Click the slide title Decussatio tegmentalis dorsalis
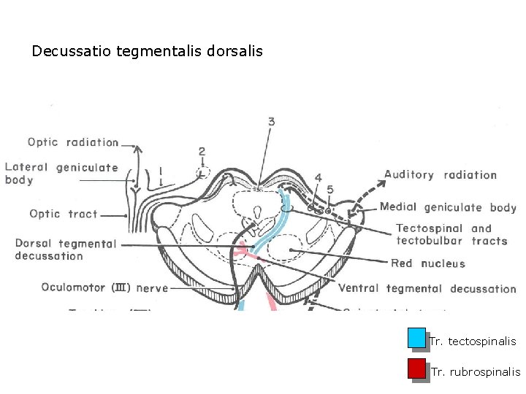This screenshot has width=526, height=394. coord(147,52)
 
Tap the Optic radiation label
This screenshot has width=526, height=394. coord(73,142)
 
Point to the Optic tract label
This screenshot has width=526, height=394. coord(64,214)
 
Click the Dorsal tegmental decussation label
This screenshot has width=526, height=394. coord(65,250)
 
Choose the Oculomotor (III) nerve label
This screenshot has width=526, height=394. coord(104,287)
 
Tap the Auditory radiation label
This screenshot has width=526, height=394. coord(441,174)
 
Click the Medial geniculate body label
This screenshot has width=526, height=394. coord(448,207)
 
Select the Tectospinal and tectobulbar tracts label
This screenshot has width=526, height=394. coord(451,234)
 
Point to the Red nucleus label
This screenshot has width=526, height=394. coord(427,263)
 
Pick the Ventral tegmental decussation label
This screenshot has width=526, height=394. coord(427,288)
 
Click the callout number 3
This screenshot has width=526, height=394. coord(271,122)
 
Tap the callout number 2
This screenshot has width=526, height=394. coord(202,152)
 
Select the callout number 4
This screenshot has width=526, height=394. coord(318,177)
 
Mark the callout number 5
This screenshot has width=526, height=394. coord(330,190)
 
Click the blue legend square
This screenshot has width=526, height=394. coord(416,338)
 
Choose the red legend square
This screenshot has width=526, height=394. coord(416,368)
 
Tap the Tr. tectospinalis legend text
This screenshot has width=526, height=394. coord(473,341)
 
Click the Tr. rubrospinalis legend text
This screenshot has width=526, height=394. coord(475,372)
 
